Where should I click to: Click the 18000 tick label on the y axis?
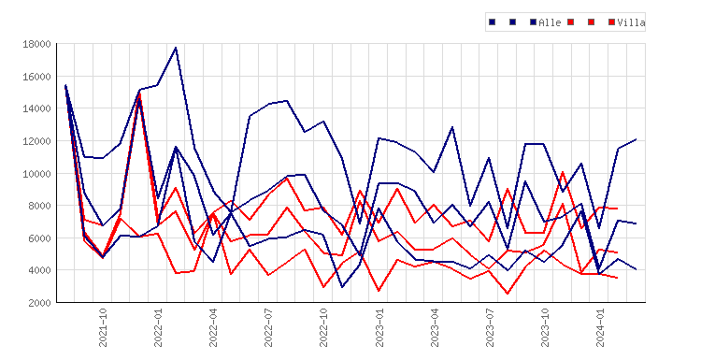36,44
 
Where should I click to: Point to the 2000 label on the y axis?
39,303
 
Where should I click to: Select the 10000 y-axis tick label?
36,174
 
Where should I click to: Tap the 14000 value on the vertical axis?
36,108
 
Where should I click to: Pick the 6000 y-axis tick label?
39,238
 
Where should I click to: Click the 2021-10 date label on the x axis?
103,327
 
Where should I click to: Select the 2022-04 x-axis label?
213,327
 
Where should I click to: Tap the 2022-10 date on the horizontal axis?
323,327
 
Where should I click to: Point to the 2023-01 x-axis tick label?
379,327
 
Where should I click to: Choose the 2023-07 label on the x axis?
490,327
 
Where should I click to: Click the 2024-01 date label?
600,327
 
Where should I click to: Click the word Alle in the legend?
550,22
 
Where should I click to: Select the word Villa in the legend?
631,22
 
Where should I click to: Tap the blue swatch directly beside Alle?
534,22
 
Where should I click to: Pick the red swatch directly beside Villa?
612,22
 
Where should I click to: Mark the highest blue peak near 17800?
176,48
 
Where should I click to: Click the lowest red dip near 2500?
508,294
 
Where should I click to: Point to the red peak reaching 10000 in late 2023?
563,172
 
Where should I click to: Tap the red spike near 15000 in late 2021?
139,94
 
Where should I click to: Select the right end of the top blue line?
637,139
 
